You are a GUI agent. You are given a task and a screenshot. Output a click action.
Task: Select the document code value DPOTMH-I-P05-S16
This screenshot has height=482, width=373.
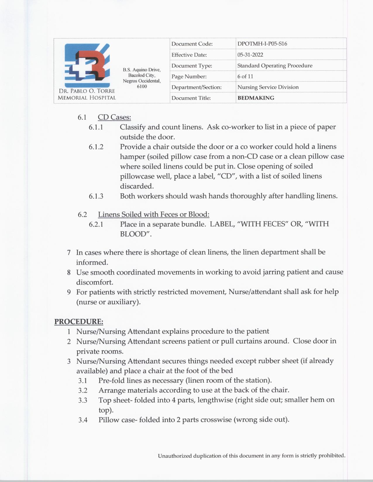[262, 44]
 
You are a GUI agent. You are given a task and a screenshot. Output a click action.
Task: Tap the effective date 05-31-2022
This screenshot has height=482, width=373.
[250, 55]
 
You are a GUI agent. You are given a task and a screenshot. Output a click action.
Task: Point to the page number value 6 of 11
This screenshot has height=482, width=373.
[245, 77]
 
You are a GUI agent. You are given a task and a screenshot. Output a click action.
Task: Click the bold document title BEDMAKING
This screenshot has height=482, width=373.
[256, 98]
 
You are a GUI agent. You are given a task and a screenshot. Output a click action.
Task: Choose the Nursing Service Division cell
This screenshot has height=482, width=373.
[268, 87]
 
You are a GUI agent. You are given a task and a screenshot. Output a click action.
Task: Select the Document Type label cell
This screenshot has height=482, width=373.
[192, 66]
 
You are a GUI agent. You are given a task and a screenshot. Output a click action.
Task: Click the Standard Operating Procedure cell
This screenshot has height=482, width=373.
[275, 66]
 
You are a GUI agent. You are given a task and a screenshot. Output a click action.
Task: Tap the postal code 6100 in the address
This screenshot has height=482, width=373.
[142, 86]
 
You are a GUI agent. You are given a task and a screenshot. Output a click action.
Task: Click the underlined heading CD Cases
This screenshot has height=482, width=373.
[114, 117]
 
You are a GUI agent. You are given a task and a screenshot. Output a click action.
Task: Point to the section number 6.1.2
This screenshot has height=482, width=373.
[96, 147]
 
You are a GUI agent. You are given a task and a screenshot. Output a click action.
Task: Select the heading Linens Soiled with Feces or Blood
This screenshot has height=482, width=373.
[154, 214]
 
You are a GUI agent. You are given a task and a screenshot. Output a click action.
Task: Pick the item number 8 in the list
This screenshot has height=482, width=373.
[69, 273]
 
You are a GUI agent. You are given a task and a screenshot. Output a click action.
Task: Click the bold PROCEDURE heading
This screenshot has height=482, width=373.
[79, 322]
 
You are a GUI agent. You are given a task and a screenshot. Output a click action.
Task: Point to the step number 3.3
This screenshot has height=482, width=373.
[83, 400]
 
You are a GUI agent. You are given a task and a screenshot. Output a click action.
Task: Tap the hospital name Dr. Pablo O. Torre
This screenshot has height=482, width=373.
[87, 91]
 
